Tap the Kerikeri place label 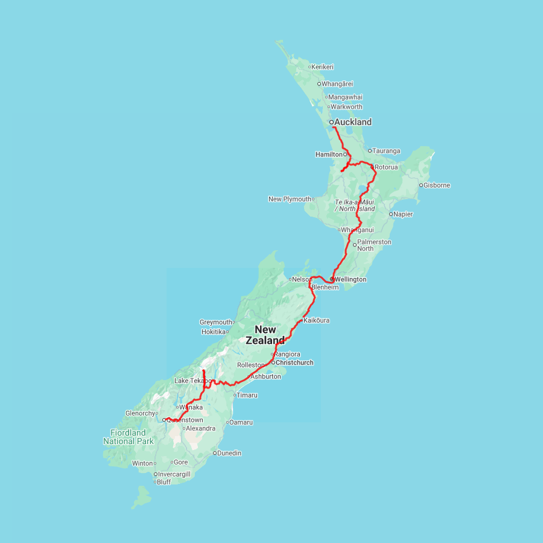[x=323, y=67]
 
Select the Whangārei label [x=337, y=84]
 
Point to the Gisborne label [x=437, y=185]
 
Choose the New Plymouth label [x=290, y=199]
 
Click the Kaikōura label [x=317, y=320]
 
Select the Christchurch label [x=294, y=363]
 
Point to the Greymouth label [x=215, y=322]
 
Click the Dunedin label [x=229, y=453]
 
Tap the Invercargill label [x=174, y=474]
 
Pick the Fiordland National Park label [x=128, y=437]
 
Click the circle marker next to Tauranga [x=370, y=151]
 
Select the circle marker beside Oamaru [x=227, y=422]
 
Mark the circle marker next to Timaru [x=234, y=395]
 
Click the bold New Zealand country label [x=265, y=335]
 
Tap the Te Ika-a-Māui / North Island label [x=355, y=205]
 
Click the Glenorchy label [x=141, y=413]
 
